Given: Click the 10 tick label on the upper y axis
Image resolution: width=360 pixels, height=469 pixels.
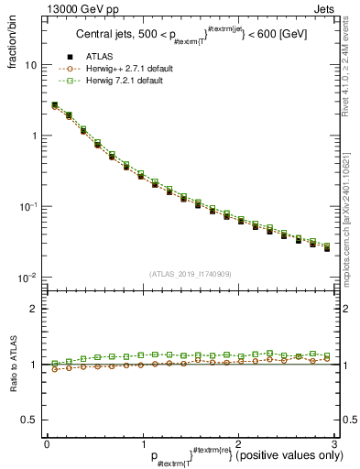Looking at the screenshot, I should coord(29,66).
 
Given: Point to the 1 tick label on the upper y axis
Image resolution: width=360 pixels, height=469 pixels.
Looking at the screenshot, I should coord(33,136).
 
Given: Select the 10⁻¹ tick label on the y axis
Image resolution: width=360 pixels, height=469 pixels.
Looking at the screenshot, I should coord(28,206).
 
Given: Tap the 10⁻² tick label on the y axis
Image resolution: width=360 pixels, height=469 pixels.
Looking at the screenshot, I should coord(28,277).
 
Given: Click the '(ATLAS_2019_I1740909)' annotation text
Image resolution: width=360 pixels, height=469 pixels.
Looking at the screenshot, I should coord(191,275).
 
